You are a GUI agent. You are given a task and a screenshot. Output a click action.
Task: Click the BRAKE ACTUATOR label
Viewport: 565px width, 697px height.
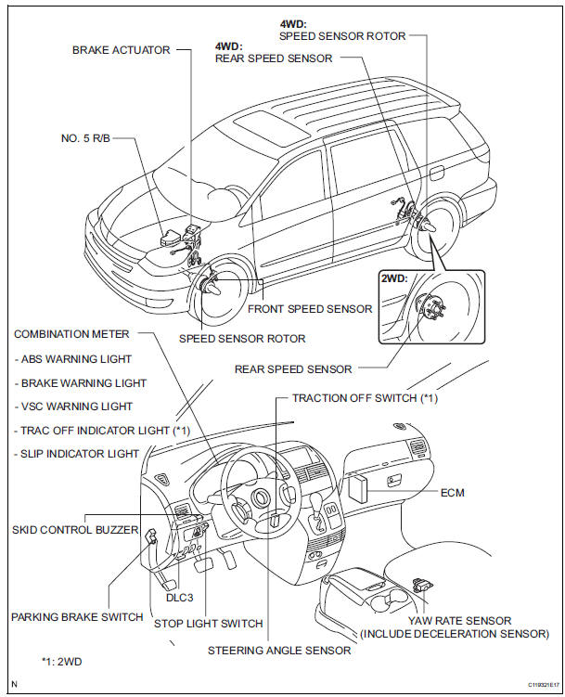122,50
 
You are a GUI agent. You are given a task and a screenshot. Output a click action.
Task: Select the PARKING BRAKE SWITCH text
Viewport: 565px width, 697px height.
76,616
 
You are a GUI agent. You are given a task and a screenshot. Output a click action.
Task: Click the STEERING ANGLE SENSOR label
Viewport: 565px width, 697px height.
279,650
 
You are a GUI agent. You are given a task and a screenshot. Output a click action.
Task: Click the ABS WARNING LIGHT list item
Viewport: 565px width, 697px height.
76,358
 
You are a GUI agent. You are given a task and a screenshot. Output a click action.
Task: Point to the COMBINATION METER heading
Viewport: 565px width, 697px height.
71,334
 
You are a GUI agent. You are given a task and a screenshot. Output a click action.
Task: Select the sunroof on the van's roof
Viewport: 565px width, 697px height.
274,126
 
